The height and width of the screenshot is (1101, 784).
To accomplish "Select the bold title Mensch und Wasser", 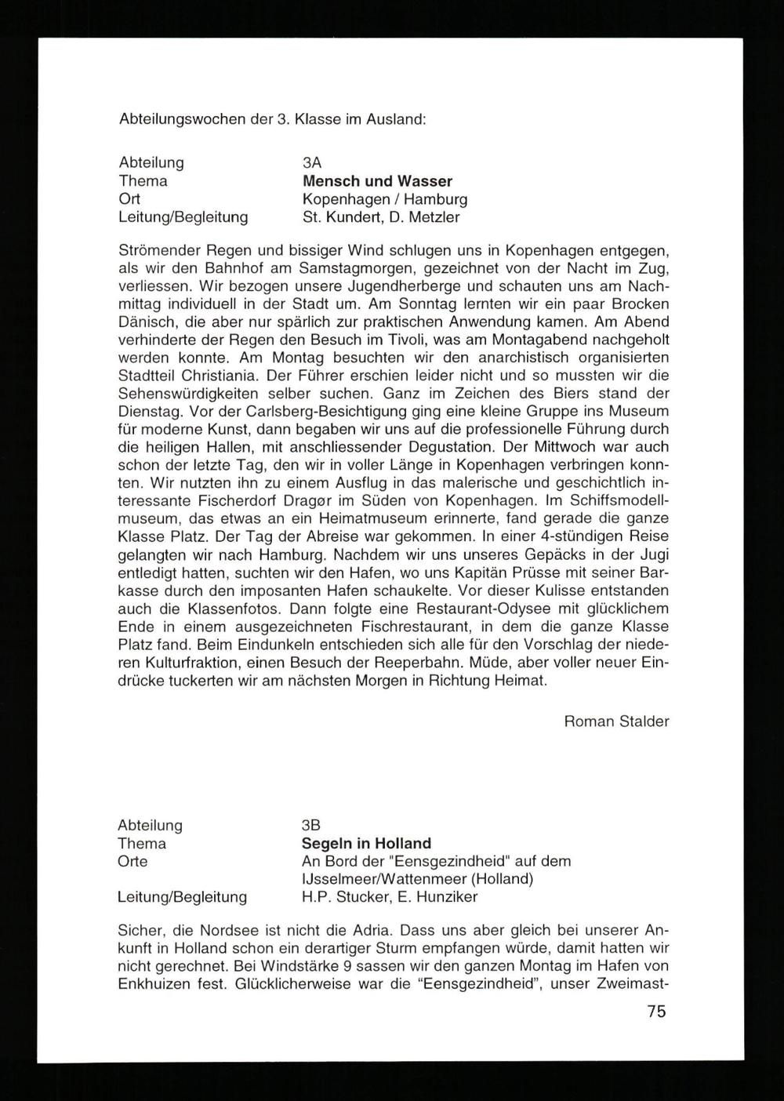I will tap(377, 181).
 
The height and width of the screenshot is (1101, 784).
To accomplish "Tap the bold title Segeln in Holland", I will tap(366, 844).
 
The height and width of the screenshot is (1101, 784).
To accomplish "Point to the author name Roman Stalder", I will tap(616, 721).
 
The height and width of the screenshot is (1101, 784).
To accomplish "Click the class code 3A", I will tap(312, 163).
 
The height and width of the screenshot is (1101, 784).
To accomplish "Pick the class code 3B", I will tap(311, 826).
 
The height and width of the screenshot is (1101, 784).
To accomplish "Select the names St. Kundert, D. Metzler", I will tap(381, 217).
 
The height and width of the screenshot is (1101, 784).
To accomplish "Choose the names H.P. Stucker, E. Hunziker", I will tap(389, 896).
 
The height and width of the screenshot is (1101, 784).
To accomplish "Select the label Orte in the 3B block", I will tap(132, 861).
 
